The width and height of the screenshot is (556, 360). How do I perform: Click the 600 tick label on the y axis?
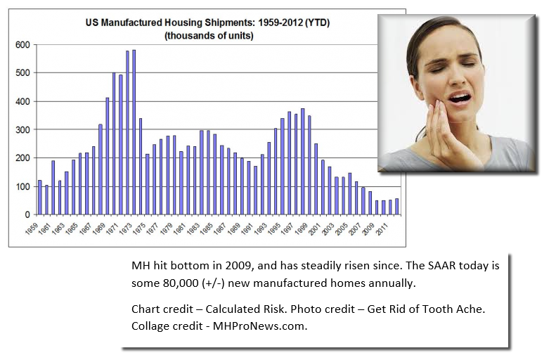tap(22, 45)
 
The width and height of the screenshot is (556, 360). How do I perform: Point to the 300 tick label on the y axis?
tap(22, 130)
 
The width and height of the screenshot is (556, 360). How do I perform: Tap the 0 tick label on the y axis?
tap(27, 214)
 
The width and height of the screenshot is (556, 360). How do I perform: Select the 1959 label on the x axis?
tap(32, 229)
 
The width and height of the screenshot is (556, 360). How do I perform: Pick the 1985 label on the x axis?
tap(207, 229)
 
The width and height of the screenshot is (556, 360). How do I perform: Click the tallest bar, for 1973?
tap(134, 132)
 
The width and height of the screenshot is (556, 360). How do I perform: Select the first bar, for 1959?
tap(39, 198)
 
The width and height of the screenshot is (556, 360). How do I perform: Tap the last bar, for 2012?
tap(396, 207)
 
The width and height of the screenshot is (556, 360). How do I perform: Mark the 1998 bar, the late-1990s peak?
tap(302, 162)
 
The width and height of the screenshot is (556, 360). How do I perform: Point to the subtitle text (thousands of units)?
tap(209, 36)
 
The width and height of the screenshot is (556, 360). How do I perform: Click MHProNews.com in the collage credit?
tap(260, 326)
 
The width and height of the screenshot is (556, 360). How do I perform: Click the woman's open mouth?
tap(460, 98)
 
